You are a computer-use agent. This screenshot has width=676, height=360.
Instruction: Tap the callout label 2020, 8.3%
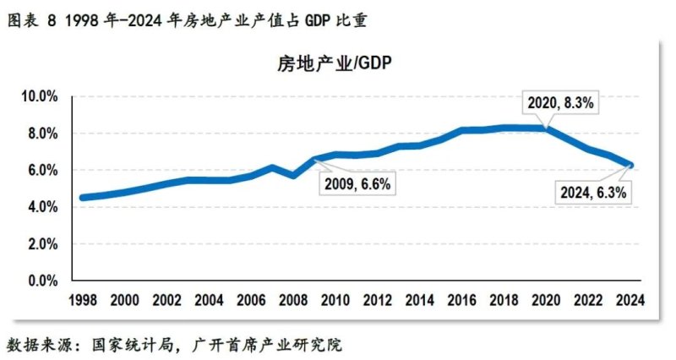point(562,103)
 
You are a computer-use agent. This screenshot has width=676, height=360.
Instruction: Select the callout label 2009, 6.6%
point(355,183)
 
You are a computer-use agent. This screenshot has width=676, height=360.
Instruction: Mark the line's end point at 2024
point(630,166)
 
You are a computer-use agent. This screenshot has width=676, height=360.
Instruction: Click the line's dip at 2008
point(292,176)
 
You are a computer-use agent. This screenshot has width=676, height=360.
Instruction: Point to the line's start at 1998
point(82,198)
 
